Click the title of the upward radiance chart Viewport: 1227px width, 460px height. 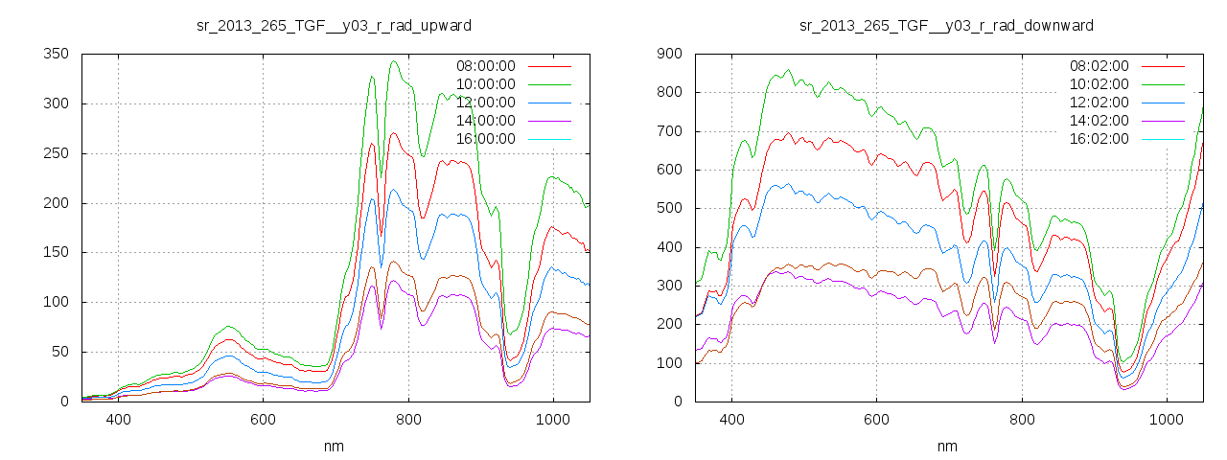pyautogui.click(x=334, y=25)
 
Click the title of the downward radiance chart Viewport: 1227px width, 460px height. pyautogui.click(x=946, y=25)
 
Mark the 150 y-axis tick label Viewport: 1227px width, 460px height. pyautogui.click(x=57, y=252)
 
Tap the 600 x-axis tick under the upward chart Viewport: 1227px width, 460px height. pyautogui.click(x=264, y=420)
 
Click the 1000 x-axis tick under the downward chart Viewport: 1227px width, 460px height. pyautogui.click(x=1167, y=420)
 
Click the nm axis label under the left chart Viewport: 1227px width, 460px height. pyautogui.click(x=334, y=446)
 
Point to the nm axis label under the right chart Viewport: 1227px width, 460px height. pyautogui.click(x=946, y=446)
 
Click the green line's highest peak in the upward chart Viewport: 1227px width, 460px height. pyautogui.click(x=394, y=61)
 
